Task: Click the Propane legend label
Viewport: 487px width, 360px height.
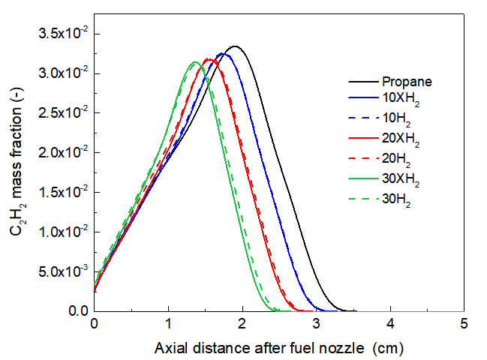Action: click(x=407, y=82)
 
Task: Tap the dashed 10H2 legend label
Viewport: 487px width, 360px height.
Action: click(x=398, y=118)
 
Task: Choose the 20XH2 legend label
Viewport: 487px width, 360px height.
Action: click(x=401, y=139)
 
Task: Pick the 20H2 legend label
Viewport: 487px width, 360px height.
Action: click(x=398, y=159)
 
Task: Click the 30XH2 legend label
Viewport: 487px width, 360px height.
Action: click(x=401, y=179)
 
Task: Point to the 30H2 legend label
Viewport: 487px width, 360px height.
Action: click(x=398, y=199)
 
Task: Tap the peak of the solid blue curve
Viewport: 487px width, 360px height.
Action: click(x=222, y=54)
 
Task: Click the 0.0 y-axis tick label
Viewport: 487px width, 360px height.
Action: click(x=77, y=310)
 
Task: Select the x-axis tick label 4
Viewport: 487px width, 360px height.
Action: click(x=390, y=325)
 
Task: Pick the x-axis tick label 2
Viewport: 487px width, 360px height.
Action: click(x=242, y=325)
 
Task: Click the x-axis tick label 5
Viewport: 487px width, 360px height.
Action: click(x=464, y=325)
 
